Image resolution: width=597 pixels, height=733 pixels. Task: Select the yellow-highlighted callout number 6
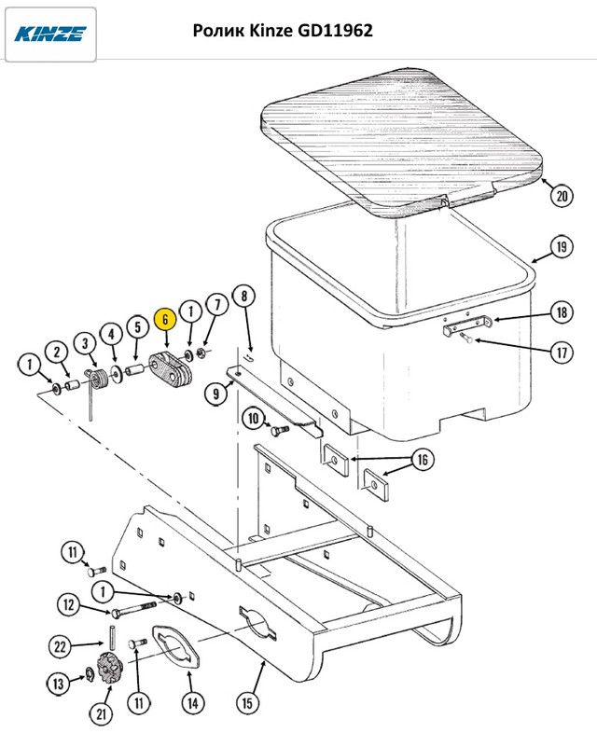[164, 318]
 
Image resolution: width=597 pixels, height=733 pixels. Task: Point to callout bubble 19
[559, 248]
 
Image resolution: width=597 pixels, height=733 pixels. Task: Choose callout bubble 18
[560, 311]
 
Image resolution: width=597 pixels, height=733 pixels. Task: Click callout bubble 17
[560, 353]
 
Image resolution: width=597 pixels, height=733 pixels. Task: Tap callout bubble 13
[60, 685]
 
